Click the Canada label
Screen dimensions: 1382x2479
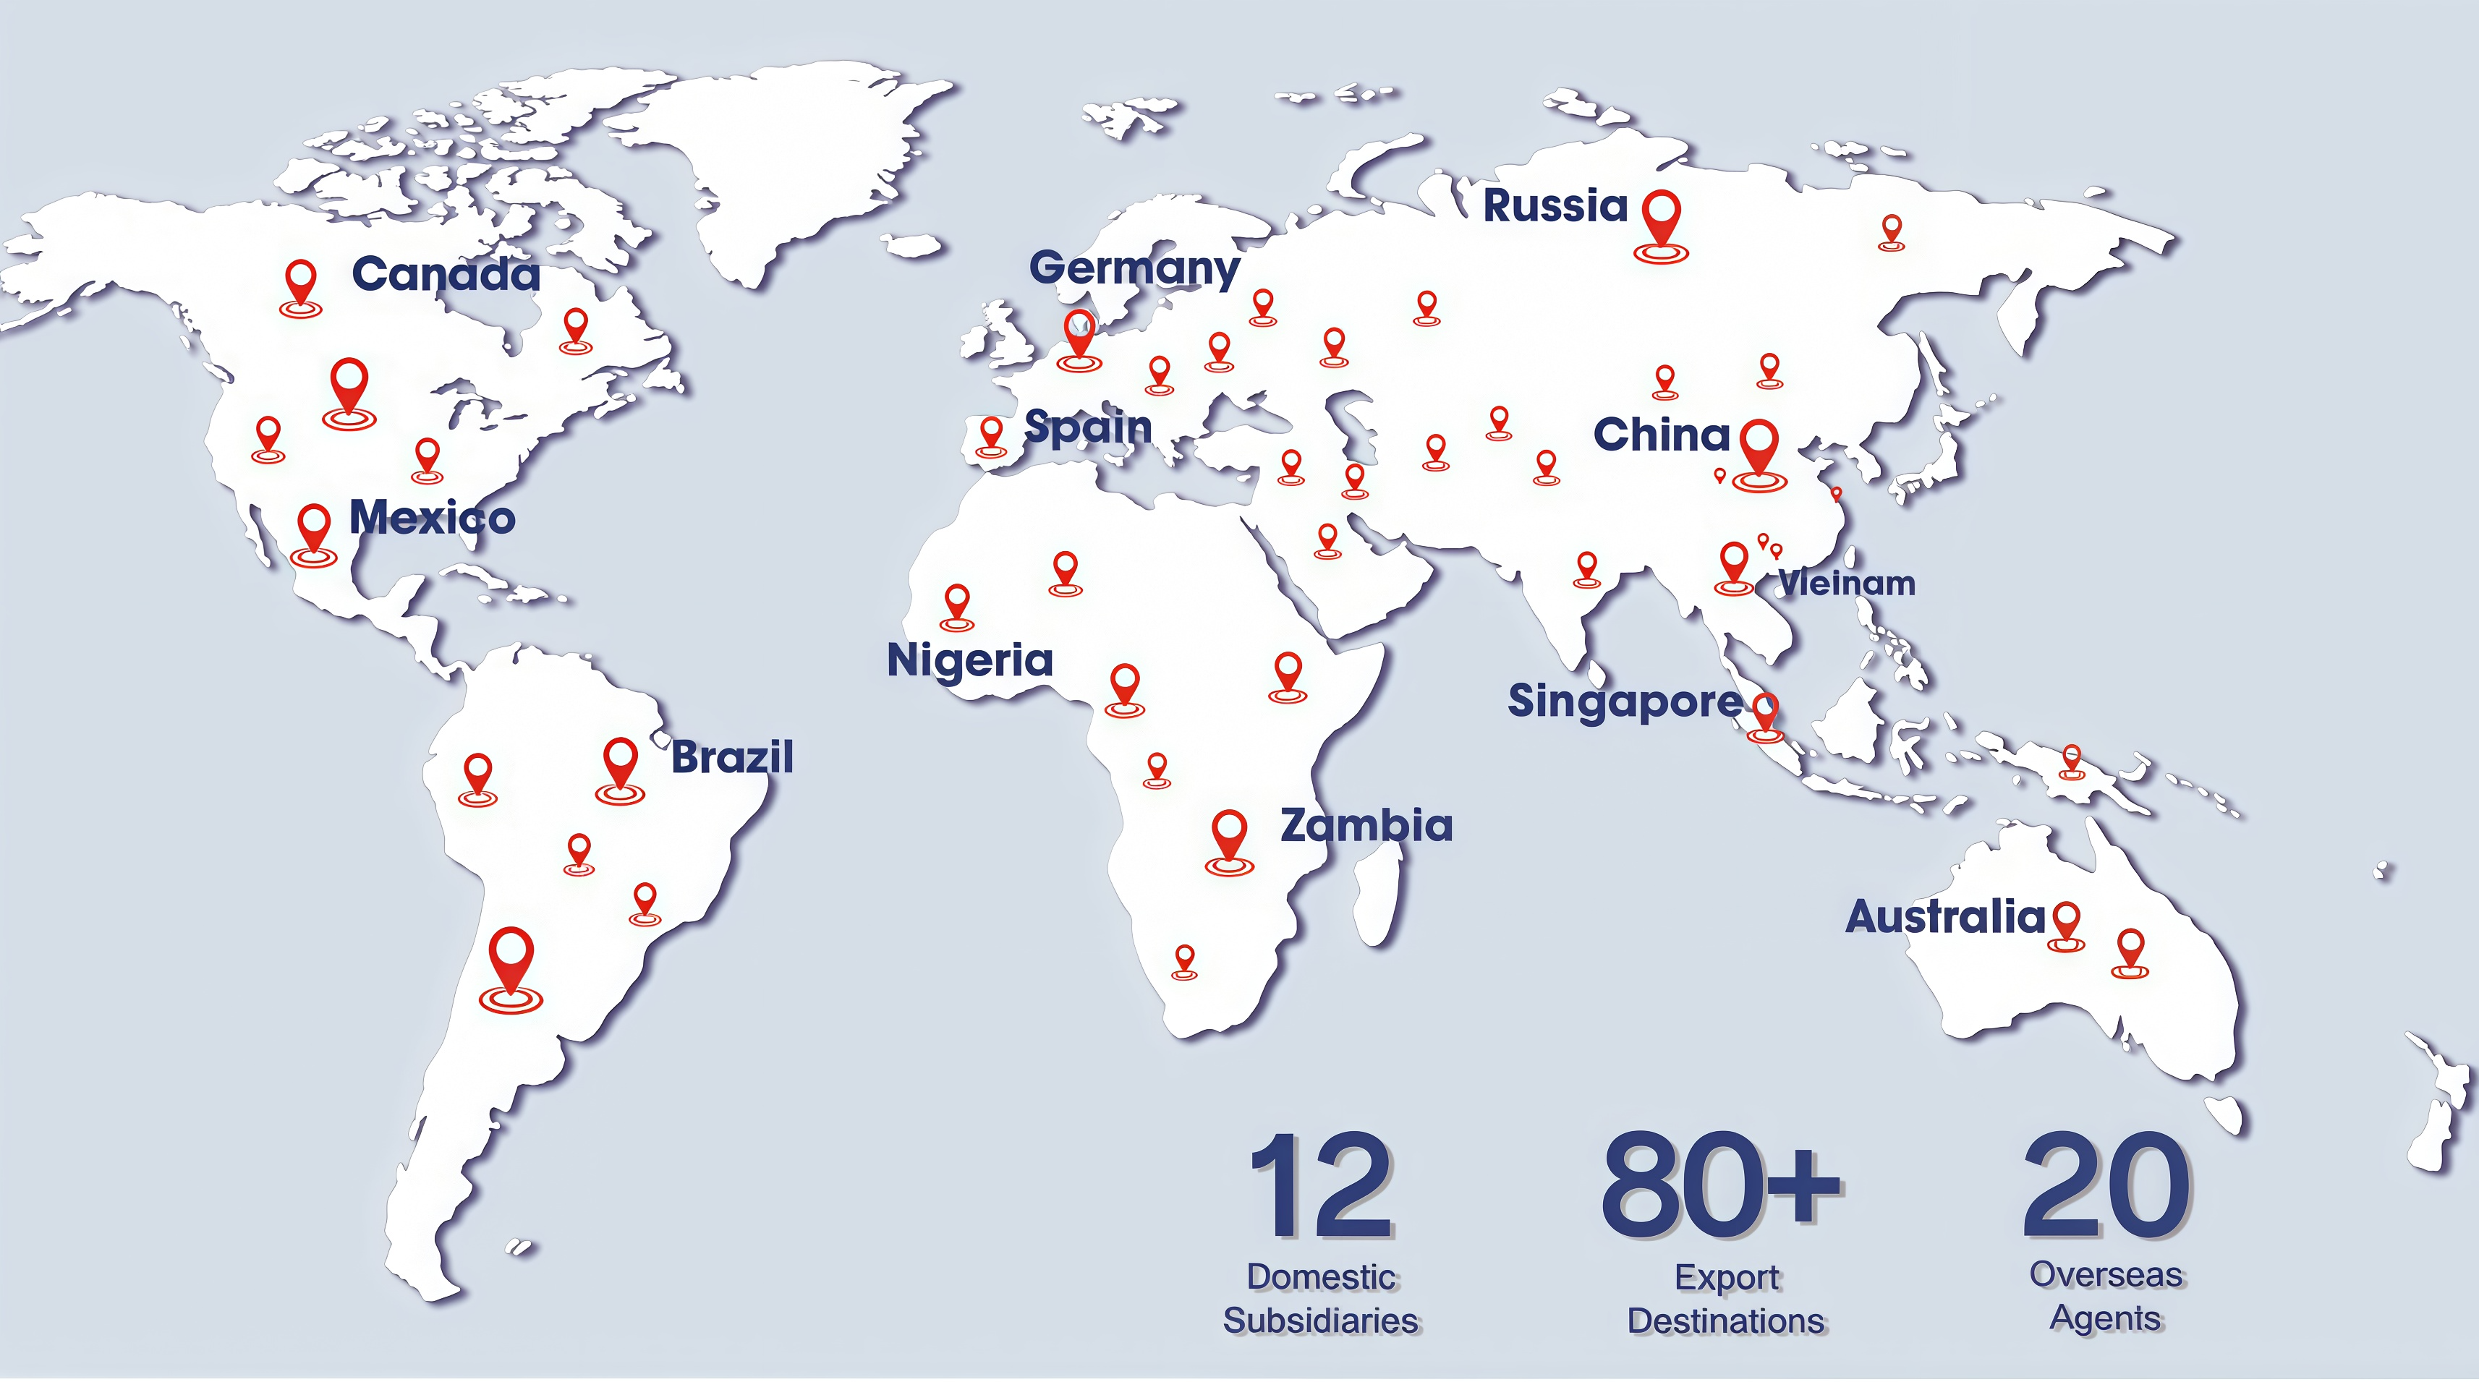446,274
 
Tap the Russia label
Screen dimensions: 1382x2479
1555,206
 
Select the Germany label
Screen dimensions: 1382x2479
1134,268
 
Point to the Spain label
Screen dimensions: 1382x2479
1087,427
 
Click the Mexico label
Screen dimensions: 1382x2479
432,518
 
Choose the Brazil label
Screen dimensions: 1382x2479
732,757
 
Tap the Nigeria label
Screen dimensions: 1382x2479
970,660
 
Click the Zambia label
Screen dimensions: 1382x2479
1366,826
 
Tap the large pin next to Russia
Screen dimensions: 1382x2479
1661,221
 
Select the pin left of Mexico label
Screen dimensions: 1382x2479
314,532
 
